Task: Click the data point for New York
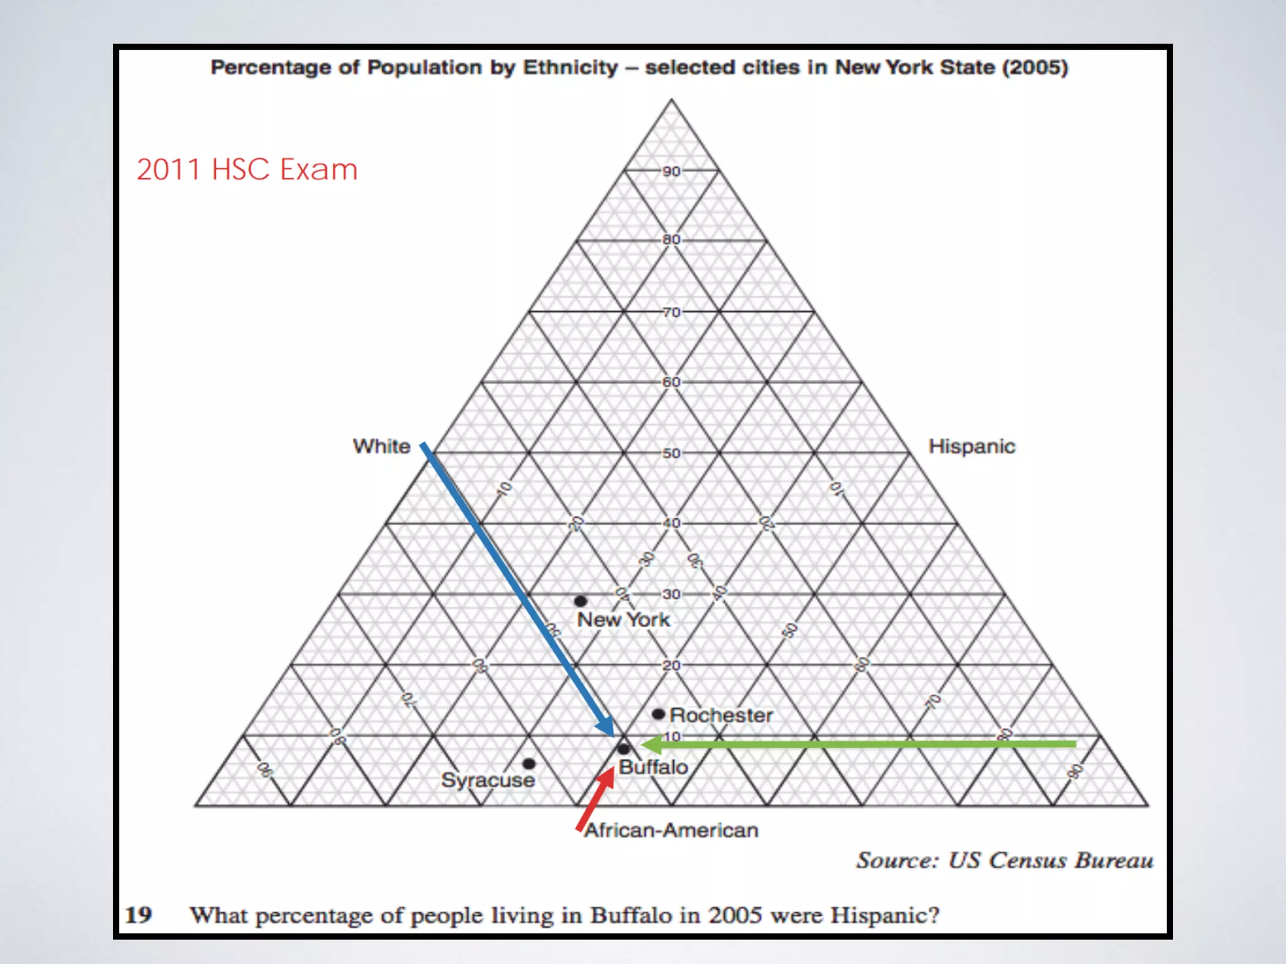click(x=581, y=601)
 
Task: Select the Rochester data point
click(x=658, y=714)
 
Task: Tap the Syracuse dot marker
click(x=529, y=764)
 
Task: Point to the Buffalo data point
click(x=624, y=749)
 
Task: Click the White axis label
click(x=381, y=446)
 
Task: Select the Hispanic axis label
click(x=971, y=446)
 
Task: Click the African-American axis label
click(x=671, y=830)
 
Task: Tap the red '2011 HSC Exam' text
click(x=247, y=169)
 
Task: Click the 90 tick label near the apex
click(x=671, y=171)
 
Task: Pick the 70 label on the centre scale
click(x=671, y=312)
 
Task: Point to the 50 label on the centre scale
click(x=671, y=453)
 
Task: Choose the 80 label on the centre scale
click(x=671, y=239)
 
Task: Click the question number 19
click(x=139, y=915)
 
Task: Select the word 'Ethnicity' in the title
click(x=570, y=67)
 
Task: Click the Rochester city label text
click(x=721, y=715)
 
